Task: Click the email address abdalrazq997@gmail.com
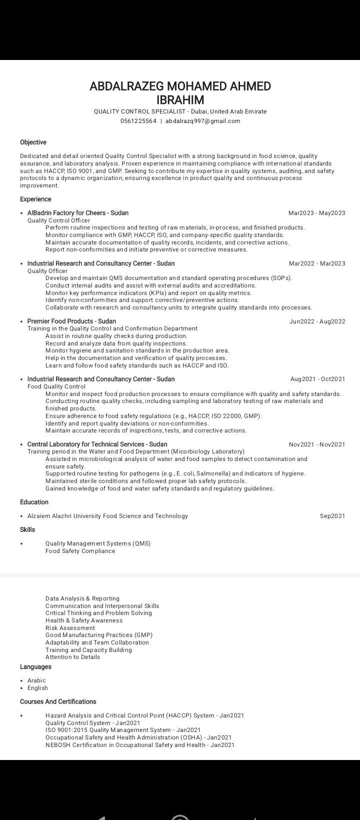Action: pos(202,121)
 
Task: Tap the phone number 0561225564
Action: pos(138,121)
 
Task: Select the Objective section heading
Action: pos(33,142)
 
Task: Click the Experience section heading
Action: pos(35,199)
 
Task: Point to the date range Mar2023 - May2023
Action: pos(316,213)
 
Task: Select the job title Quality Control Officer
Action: pos(58,220)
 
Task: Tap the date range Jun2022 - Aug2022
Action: pos(317,321)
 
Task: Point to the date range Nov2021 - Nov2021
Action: pos(316,444)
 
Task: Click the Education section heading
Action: pos(34,502)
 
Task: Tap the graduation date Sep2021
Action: pos(332,516)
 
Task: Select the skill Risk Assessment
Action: pos(70,628)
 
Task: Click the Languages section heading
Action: pos(35,667)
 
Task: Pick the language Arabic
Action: pos(36,680)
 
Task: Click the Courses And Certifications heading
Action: pos(58,702)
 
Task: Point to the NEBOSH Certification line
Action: pos(140,745)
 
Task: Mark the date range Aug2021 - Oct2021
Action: pos(317,379)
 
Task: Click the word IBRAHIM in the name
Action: pos(180,99)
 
